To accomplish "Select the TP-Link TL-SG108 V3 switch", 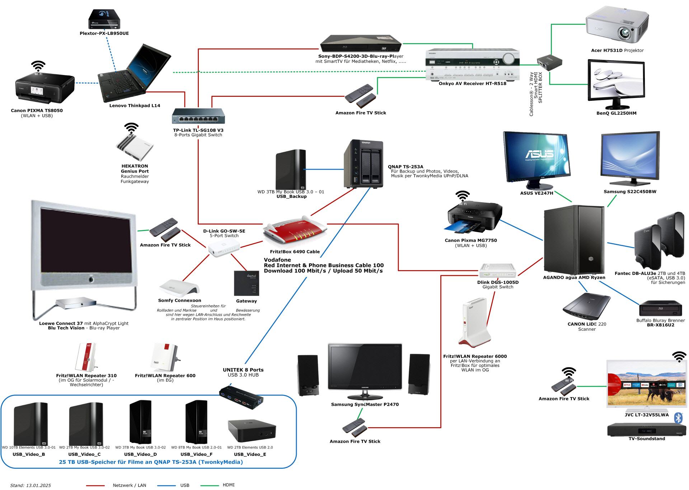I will click(x=198, y=116).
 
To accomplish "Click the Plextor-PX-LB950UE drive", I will click(x=104, y=19).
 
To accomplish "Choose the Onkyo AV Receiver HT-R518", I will click(x=472, y=64).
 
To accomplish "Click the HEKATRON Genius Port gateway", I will click(x=135, y=147).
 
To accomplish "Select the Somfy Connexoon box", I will click(x=179, y=287).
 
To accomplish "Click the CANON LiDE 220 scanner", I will click(x=586, y=307).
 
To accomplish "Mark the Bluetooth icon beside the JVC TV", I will click(x=678, y=418).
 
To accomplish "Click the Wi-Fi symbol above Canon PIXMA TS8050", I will click(x=38, y=66).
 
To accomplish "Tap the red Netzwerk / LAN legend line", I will click(x=95, y=485).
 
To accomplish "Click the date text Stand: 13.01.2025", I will click(x=31, y=485).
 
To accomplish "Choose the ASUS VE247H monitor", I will click(x=536, y=160).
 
